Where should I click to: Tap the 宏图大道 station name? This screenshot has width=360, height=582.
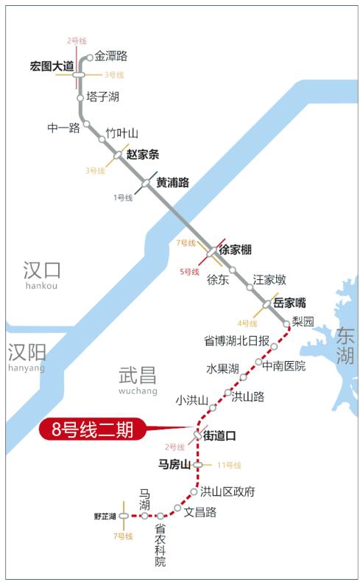click(x=52, y=66)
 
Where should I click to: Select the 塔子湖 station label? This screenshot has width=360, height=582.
click(x=102, y=97)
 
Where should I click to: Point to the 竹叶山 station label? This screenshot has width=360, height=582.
click(x=122, y=133)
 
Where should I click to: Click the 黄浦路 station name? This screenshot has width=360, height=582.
click(x=173, y=182)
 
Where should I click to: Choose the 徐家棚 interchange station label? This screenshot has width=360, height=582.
click(x=236, y=250)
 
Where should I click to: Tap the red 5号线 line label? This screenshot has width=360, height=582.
click(x=189, y=272)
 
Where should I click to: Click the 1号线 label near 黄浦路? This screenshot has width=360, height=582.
click(x=123, y=197)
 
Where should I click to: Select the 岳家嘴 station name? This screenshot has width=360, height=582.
click(x=289, y=302)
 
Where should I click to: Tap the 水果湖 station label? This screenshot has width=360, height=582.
click(x=222, y=368)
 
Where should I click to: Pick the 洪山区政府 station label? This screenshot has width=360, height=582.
click(x=227, y=491)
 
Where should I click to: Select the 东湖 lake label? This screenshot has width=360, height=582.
click(x=345, y=346)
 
